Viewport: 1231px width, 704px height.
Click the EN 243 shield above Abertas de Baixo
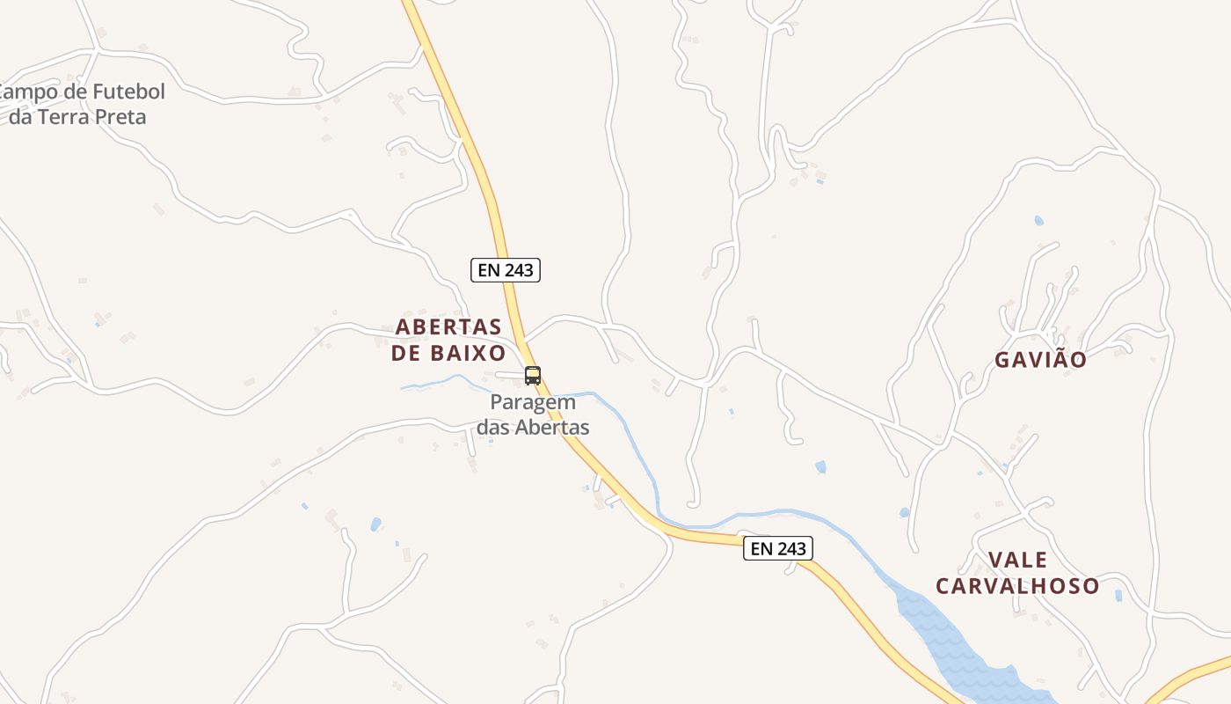point(506,270)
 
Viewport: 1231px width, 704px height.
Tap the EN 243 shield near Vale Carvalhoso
point(778,549)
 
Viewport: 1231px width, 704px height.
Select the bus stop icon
point(533,376)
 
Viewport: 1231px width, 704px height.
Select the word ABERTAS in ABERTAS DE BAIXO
point(448,327)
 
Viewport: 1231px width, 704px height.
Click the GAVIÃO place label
point(1041,360)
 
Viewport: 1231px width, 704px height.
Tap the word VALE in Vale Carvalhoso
point(1017,561)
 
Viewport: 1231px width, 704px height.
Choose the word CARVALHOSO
point(1017,586)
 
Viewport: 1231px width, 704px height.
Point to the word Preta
point(119,116)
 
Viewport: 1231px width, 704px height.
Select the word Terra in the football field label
point(62,116)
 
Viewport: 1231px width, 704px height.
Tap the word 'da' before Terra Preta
point(20,116)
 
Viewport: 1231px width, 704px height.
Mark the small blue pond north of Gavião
point(1039,220)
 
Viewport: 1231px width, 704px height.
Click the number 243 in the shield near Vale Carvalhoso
point(790,549)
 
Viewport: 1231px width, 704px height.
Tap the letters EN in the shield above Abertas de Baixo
point(488,270)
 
